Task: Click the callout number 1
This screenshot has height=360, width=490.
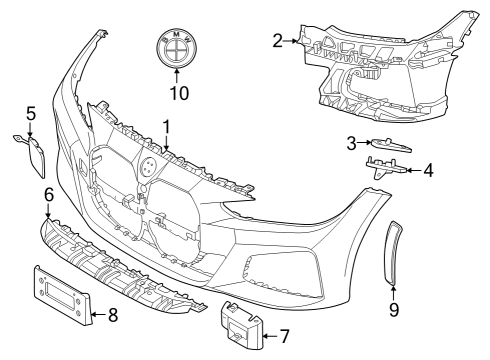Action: [167, 128]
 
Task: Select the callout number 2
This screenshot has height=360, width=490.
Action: [277, 40]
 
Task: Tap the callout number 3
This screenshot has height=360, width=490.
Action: [352, 143]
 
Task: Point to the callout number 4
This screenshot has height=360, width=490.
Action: [428, 170]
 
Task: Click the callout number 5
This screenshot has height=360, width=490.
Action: [30, 113]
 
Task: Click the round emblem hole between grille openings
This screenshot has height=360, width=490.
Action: [146, 168]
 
